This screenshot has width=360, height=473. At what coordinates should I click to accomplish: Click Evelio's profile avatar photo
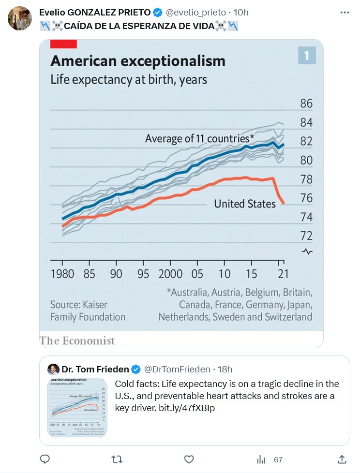tap(20, 19)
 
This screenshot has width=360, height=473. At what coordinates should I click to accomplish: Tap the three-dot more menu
tap(345, 13)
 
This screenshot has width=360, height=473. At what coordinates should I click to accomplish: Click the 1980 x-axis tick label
tap(62, 274)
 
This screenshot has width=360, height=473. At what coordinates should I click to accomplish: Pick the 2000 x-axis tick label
tap(171, 274)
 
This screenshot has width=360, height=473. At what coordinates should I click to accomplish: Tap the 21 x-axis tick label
tap(283, 274)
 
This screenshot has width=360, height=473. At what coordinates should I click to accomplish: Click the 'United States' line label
tap(244, 204)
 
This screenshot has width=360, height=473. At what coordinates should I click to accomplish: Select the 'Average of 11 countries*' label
tap(199, 139)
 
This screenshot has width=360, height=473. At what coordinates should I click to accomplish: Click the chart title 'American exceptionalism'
tap(138, 61)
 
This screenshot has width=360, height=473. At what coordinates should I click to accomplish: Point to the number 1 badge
tap(307, 56)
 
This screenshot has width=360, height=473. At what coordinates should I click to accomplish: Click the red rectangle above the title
tap(63, 44)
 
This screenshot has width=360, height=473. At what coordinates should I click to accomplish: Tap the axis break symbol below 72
tap(307, 251)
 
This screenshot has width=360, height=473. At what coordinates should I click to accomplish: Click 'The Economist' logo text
tap(77, 341)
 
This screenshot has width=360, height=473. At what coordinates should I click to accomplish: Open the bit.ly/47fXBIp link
tap(187, 408)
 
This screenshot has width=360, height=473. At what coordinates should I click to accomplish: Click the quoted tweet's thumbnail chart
tap(77, 407)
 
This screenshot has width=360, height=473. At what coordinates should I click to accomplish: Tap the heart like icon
tap(189, 459)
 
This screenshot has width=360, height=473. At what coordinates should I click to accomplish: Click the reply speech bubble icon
tap(45, 459)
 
